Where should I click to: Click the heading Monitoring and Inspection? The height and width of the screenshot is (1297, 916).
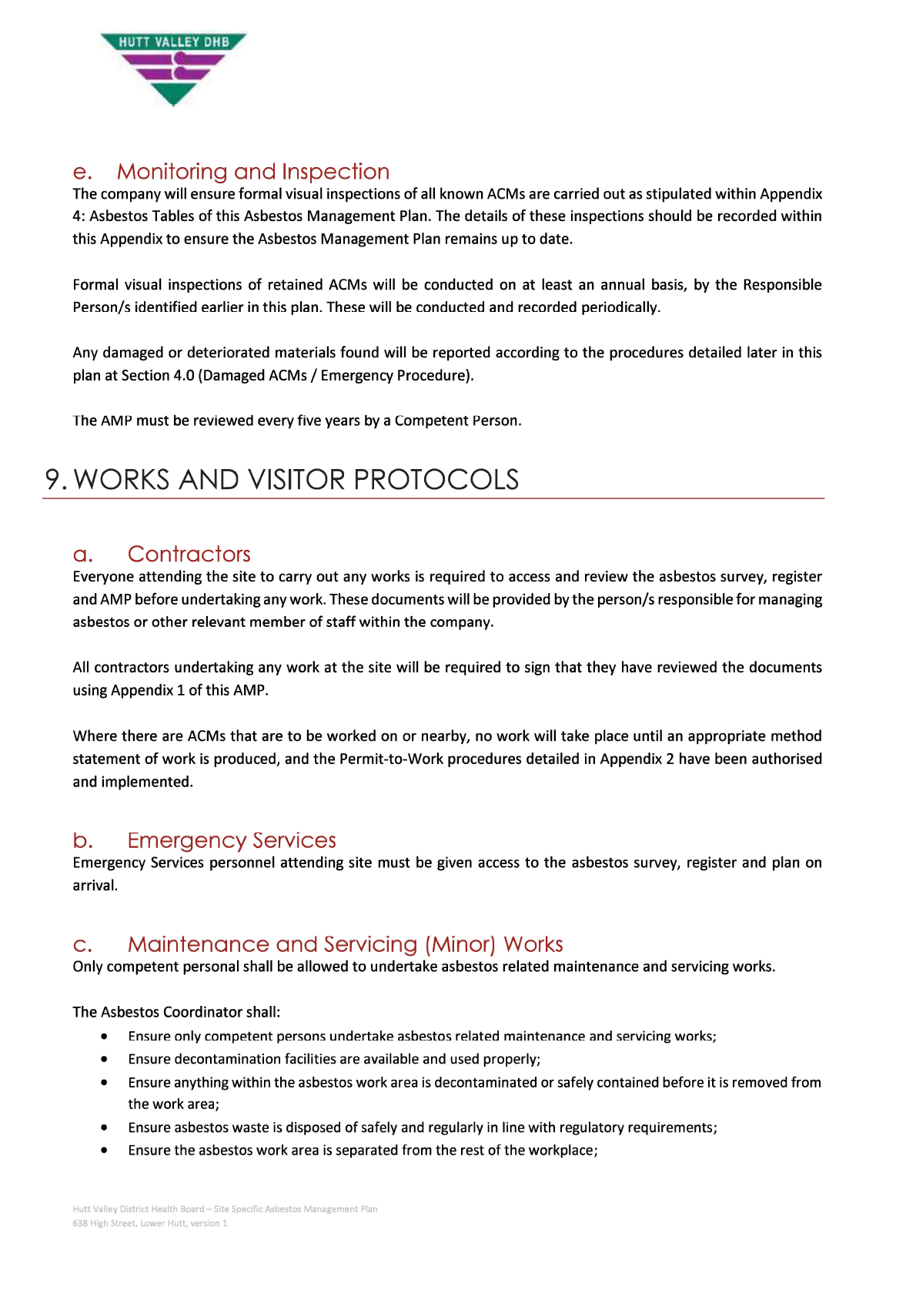pyautogui.click(x=252, y=172)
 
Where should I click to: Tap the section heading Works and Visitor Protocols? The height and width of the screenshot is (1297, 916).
pyautogui.click(x=296, y=480)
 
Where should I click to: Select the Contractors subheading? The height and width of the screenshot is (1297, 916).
pyautogui.click(x=189, y=555)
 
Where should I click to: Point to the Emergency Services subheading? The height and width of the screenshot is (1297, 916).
pyautogui.click(x=232, y=840)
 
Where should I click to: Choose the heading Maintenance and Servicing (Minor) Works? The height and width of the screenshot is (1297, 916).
pyautogui.click(x=345, y=944)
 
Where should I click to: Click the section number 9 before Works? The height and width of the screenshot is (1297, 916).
pyautogui.click(x=53, y=480)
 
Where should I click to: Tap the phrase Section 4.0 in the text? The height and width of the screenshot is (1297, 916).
pyautogui.click(x=158, y=376)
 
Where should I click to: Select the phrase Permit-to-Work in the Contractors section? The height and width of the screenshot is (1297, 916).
pyautogui.click(x=391, y=759)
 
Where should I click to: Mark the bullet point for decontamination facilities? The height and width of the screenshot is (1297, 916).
pyautogui.click(x=104, y=1060)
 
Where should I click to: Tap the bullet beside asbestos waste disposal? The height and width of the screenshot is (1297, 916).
pyautogui.click(x=104, y=1128)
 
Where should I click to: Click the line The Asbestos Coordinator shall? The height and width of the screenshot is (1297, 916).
pyautogui.click(x=176, y=1012)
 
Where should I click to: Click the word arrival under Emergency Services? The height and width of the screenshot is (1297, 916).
pyautogui.click(x=95, y=886)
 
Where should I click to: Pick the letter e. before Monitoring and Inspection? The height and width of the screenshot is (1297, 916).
pyautogui.click(x=82, y=172)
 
